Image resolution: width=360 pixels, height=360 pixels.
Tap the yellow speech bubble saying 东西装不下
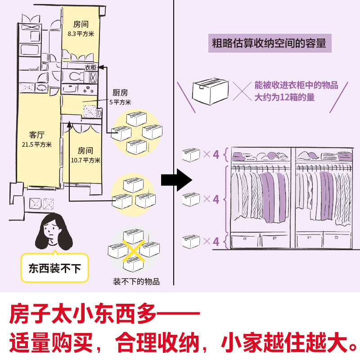point(54,269)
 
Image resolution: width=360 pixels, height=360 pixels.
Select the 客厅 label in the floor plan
point(37,135)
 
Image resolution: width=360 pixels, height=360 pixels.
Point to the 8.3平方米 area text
point(81,33)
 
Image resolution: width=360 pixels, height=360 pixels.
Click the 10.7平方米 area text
point(85,160)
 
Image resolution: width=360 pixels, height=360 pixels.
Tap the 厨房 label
point(120,93)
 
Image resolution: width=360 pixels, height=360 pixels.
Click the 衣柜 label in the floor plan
point(90,67)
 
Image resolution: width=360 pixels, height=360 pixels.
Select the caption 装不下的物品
point(136,282)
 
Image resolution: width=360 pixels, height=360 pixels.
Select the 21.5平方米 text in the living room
point(37,144)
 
